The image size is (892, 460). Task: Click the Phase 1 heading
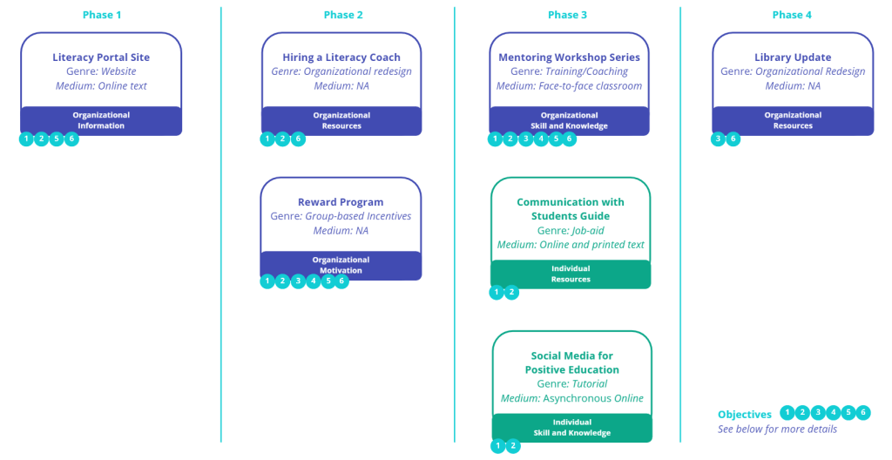pos(102,15)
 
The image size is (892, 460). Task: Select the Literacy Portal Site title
pos(101,57)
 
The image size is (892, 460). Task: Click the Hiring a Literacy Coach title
pos(341,57)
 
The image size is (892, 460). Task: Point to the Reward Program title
pos(341,202)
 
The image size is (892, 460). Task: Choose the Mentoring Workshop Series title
pos(569,57)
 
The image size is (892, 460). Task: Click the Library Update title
pos(793,57)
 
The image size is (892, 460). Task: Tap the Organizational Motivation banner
pos(341,265)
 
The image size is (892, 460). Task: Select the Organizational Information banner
pos(101,120)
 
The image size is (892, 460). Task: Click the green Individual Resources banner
pos(571,274)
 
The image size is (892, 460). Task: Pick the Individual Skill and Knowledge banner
pos(571,427)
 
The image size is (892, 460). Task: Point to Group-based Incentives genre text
pos(358,216)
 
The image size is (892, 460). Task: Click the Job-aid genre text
pos(588,231)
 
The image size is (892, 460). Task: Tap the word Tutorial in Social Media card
pos(590,384)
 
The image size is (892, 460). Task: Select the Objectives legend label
pos(745,415)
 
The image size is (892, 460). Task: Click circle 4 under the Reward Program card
pos(313,281)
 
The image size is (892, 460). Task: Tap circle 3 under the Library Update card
pos(719,139)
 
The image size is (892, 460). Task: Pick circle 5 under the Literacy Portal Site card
pos(57,139)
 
